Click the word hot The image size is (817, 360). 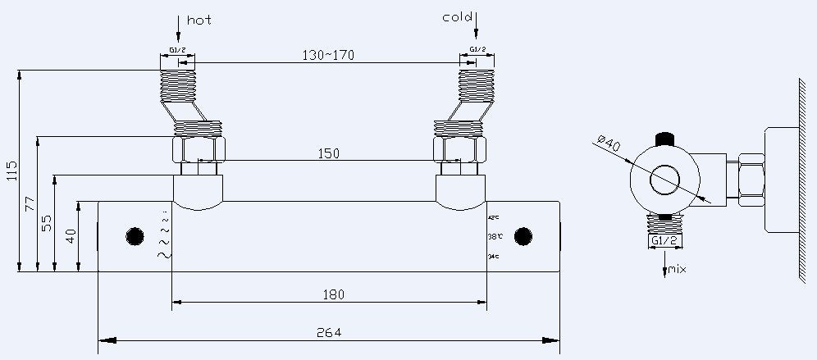pos(199,20)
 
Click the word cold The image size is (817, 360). pos(456,16)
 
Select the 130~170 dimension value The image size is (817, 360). pos(327,55)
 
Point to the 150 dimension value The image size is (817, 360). pos(328,153)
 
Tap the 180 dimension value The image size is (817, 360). pos(333,294)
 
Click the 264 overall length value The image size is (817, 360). pos(328,332)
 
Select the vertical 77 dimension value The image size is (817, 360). pos(30,203)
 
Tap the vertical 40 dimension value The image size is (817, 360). pos(71,236)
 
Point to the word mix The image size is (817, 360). pos(677,269)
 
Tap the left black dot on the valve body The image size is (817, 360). pos(135,236)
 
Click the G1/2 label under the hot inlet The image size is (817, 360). pos(177,50)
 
